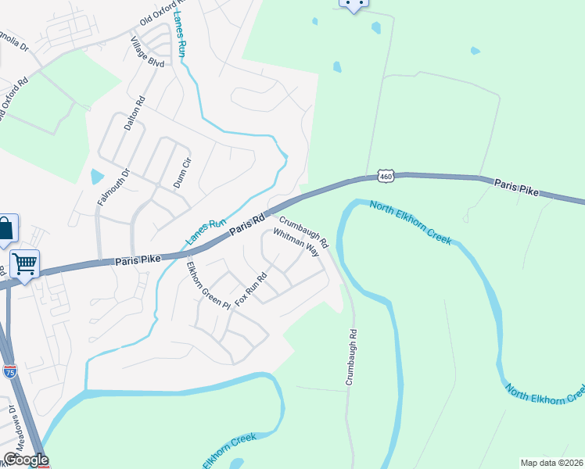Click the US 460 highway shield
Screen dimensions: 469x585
coord(385,177)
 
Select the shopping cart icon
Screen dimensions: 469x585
coord(25,264)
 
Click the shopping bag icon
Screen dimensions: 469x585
coord(6,229)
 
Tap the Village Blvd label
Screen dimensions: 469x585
coord(147,52)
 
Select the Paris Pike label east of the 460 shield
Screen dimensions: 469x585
coord(517,187)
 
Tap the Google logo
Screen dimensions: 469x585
coord(26,460)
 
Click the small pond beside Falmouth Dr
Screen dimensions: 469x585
coord(97,177)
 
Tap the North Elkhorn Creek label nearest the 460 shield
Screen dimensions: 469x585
coord(411,224)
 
